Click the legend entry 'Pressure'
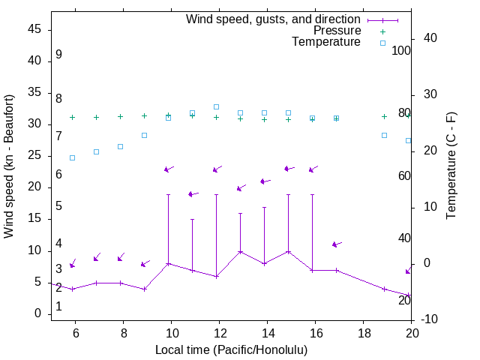(337, 31)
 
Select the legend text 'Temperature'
(326, 42)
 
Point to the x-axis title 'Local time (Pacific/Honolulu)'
(231, 350)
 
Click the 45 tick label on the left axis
(34, 30)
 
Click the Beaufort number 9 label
(58, 55)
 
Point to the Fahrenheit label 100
(401, 51)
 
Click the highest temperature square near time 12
(216, 106)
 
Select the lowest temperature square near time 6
(72, 157)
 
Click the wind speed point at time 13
(240, 251)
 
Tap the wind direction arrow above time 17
(337, 244)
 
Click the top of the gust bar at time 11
(192, 220)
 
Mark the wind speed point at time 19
(384, 289)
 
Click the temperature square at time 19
(384, 135)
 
